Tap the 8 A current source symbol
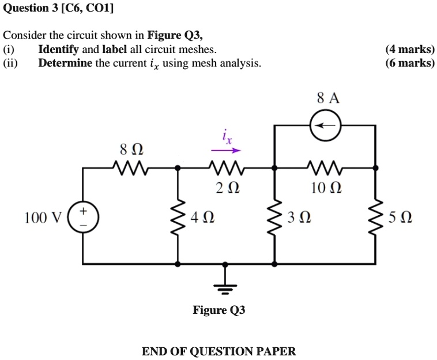pyautogui.click(x=326, y=125)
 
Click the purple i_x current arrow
pyautogui.click(x=224, y=152)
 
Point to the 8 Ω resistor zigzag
pyautogui.click(x=131, y=168)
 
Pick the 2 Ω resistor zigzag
pyautogui.click(x=225, y=168)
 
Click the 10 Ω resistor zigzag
pyautogui.click(x=326, y=168)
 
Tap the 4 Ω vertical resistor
pyautogui.click(x=178, y=217)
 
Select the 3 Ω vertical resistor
pyautogui.click(x=274, y=217)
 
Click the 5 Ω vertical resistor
pyautogui.click(x=376, y=217)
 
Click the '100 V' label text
pyautogui.click(x=43, y=218)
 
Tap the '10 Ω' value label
pyautogui.click(x=326, y=188)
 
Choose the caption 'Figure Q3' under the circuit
pyautogui.click(x=218, y=310)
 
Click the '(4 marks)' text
pyautogui.click(x=410, y=50)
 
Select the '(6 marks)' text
pyautogui.click(x=410, y=63)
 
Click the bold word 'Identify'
pyautogui.click(x=58, y=50)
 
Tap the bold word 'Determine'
pyautogui.click(x=65, y=63)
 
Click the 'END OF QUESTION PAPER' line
pyautogui.click(x=218, y=351)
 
